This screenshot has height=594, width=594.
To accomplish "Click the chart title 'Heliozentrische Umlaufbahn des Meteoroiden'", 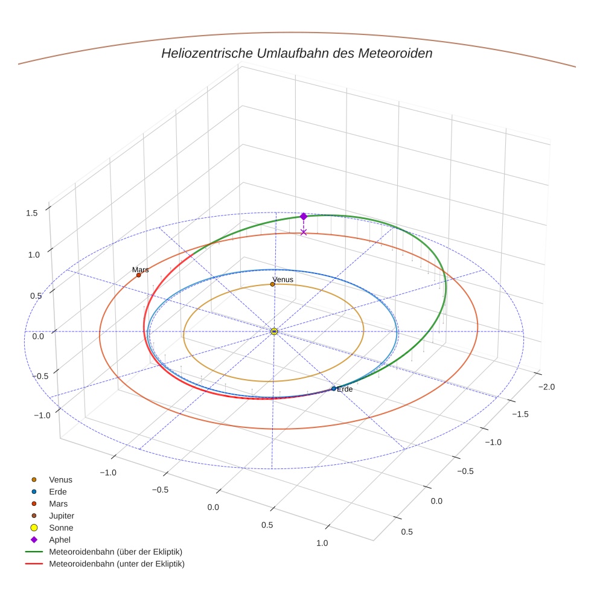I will coord(296,53).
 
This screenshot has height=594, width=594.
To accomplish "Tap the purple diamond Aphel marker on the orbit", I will coord(304,216).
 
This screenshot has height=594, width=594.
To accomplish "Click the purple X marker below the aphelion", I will coord(304,232).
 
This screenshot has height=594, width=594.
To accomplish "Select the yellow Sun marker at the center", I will coord(274,331).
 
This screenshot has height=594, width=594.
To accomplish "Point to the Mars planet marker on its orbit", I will coord(138,275).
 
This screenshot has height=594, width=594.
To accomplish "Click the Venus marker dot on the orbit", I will coord(273,284).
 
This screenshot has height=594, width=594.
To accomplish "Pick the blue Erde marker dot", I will coord(334,389).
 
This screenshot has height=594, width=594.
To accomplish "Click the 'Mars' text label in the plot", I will coord(141,270).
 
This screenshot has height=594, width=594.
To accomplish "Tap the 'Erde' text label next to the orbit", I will coord(345,389).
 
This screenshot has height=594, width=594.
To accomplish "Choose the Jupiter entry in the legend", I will coord(61,516).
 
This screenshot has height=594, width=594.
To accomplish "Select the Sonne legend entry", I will coord(61,528).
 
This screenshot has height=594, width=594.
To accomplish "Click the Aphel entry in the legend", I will coord(59,540).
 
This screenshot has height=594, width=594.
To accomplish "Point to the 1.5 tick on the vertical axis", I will coord(33,212).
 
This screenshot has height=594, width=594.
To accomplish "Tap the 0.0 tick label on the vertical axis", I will coord(38,336).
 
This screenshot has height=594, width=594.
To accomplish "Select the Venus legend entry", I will coord(60,480).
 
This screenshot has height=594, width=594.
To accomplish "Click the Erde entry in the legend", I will coord(58,492).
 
